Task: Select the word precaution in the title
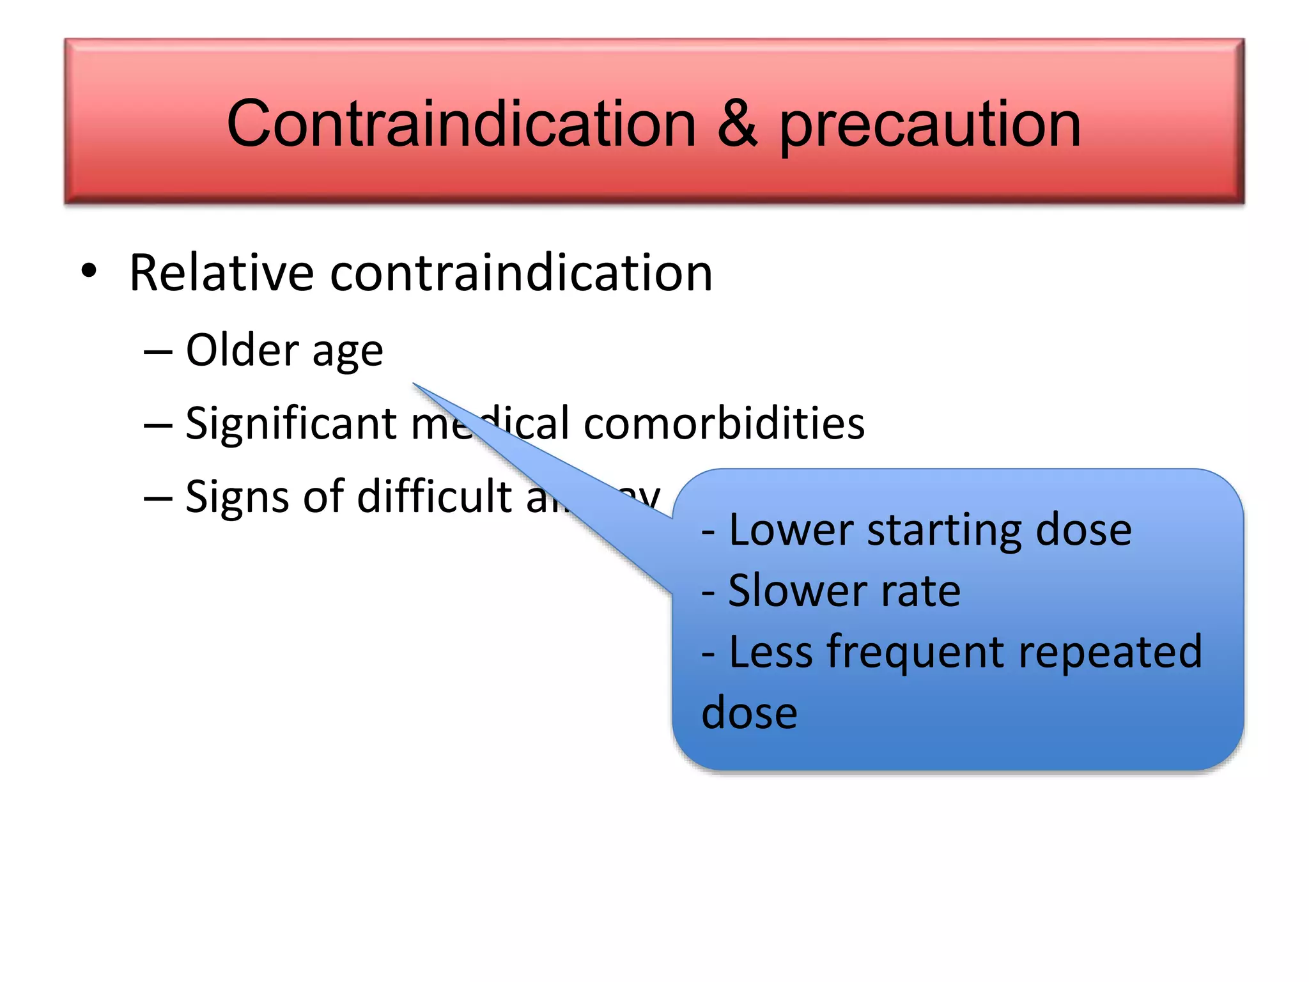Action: click(930, 125)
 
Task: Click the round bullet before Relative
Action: click(89, 271)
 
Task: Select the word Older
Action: click(242, 350)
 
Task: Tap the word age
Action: click(348, 354)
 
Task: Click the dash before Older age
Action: click(158, 352)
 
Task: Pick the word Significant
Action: click(291, 424)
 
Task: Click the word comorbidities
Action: click(724, 423)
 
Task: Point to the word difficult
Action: click(434, 496)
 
